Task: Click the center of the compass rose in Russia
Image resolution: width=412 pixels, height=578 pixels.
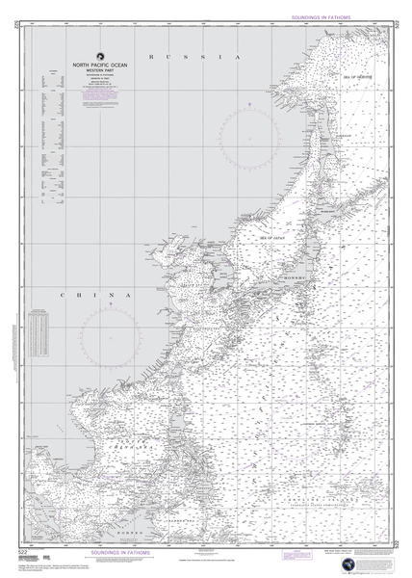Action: [248, 135]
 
